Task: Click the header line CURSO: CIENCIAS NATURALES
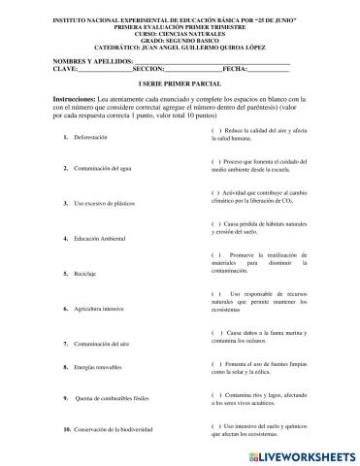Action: [180, 28]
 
